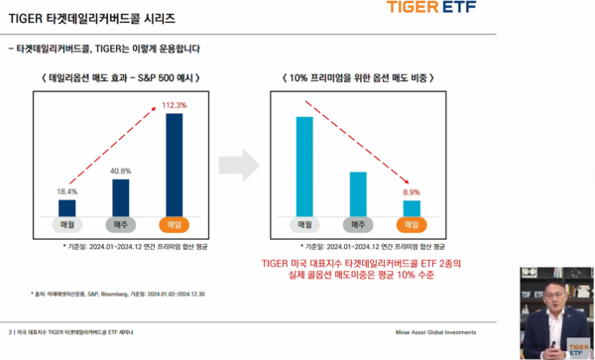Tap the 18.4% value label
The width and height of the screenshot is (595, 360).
(66, 190)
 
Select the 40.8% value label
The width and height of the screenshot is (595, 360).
(120, 170)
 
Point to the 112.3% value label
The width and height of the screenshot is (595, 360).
(175, 104)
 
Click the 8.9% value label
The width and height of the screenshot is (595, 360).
(411, 191)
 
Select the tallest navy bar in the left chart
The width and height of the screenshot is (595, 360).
(175, 164)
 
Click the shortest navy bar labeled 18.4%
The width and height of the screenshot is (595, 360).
(67, 206)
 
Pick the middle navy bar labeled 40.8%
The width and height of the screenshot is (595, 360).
(120, 196)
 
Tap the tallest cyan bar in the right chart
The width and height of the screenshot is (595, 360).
(303, 164)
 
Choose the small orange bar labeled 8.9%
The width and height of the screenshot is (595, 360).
(411, 207)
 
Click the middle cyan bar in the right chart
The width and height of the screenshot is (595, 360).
(357, 192)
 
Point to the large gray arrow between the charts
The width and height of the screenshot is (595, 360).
(237, 163)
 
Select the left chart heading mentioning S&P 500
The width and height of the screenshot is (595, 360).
(121, 77)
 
